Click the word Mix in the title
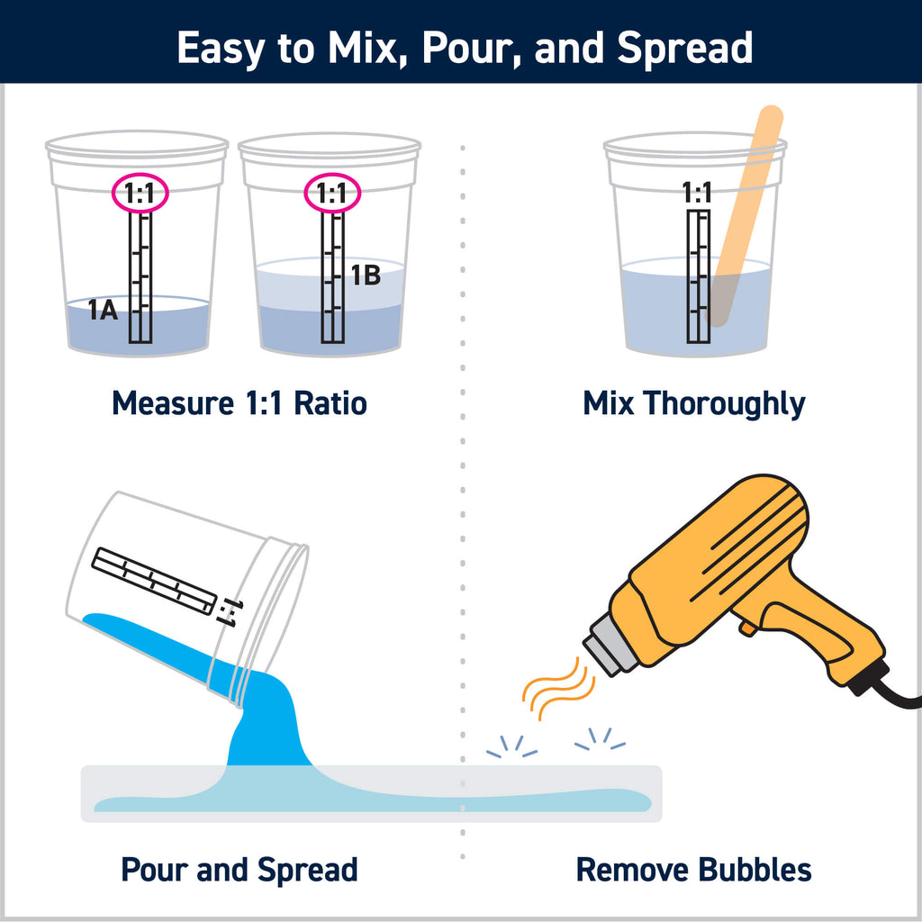355,48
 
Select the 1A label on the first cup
104,312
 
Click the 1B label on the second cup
365,276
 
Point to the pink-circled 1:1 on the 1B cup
331,193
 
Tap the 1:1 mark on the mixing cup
696,193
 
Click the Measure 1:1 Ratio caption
239,402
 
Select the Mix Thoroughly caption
693,402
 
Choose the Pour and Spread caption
239,870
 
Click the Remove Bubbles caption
693,870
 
